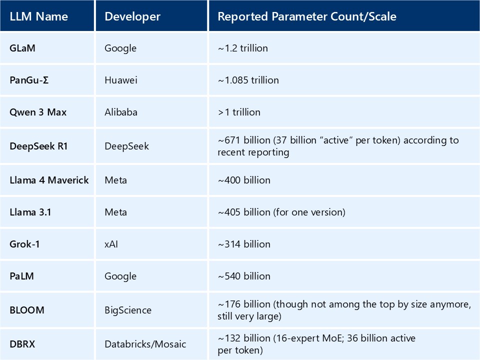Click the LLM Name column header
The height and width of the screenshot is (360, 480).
click(38, 16)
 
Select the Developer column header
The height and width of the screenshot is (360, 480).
click(132, 16)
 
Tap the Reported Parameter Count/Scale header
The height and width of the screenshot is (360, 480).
click(306, 16)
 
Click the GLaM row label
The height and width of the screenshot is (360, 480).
click(22, 48)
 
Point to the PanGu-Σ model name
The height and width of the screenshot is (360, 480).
click(29, 80)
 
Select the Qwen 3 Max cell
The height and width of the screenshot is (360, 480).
click(38, 112)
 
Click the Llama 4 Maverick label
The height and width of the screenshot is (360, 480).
click(49, 180)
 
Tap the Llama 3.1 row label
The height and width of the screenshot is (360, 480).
click(30, 212)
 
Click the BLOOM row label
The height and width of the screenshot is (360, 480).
click(27, 310)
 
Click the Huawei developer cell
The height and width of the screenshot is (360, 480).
click(121, 80)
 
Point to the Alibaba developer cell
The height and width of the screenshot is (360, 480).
click(121, 112)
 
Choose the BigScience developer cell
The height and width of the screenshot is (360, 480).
click(128, 310)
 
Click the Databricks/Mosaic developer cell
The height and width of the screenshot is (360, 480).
click(145, 344)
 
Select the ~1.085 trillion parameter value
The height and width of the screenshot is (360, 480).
click(248, 80)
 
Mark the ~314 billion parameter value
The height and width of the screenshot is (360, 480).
click(244, 244)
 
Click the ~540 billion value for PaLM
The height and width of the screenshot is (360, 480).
click(244, 276)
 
